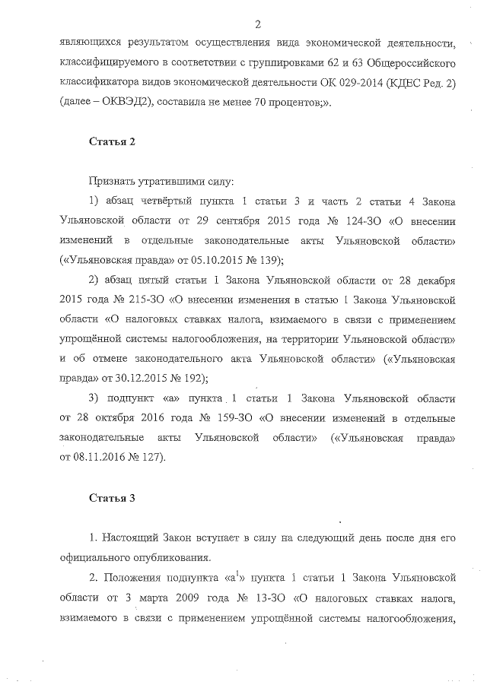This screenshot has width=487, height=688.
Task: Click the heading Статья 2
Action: pyautogui.click(x=112, y=141)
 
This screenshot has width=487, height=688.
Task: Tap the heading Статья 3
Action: pyautogui.click(x=112, y=498)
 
